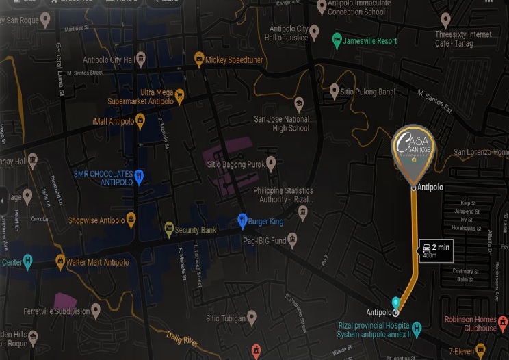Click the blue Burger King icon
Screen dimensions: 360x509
tap(242, 220)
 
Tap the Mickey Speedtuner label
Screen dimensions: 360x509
tap(233, 60)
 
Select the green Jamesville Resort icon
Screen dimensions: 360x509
tap(337, 40)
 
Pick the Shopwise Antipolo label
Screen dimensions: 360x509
tap(96, 220)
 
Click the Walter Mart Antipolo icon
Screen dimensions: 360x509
tap(60, 261)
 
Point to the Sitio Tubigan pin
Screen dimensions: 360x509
tap(252, 317)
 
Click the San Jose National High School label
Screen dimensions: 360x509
tap(282, 123)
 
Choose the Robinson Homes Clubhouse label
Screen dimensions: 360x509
tap(470, 323)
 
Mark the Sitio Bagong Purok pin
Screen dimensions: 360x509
tap(271, 162)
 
